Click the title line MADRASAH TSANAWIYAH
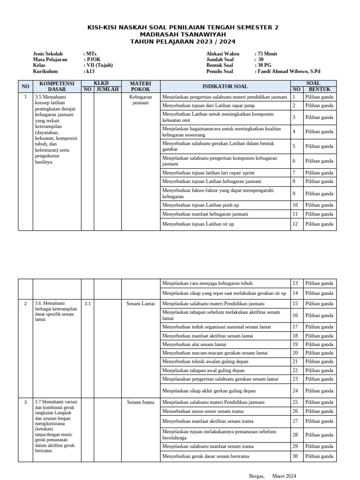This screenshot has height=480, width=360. pyautogui.click(x=183, y=35)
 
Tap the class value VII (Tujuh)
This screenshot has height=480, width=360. pyautogui.click(x=99, y=66)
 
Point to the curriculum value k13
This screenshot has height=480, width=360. pyautogui.click(x=90, y=72)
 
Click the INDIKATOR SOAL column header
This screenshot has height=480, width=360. pyautogui.click(x=225, y=86)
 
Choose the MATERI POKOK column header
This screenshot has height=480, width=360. pyautogui.click(x=141, y=86)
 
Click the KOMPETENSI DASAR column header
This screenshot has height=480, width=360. pyautogui.click(x=57, y=86)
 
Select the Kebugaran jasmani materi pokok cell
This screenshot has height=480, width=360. pyautogui.click(x=141, y=99)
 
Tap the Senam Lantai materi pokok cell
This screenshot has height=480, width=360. pyautogui.click(x=141, y=304)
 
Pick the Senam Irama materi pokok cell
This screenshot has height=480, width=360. pyautogui.click(x=141, y=402)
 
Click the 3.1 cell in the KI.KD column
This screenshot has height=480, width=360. pyautogui.click(x=87, y=304)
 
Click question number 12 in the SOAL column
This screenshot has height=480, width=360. pyautogui.click(x=295, y=224)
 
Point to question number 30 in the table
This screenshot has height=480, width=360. pyautogui.click(x=295, y=456)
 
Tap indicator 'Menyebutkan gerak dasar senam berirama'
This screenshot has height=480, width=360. pyautogui.click(x=206, y=456)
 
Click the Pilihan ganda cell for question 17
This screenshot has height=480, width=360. pyautogui.click(x=319, y=327)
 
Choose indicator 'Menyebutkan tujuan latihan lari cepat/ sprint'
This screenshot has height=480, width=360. pyautogui.click(x=209, y=173)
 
